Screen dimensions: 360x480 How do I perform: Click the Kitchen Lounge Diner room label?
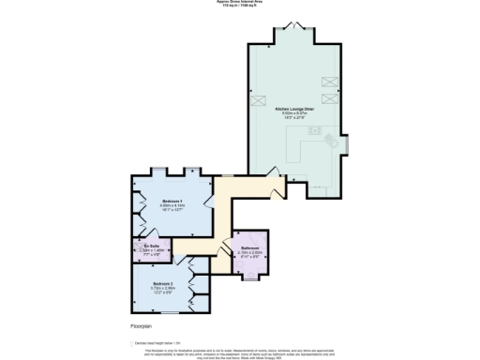point(293,109)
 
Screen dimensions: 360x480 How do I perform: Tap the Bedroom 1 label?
point(172,202)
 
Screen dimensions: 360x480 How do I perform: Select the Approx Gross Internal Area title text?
point(240,3)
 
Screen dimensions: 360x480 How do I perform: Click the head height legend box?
point(132,342)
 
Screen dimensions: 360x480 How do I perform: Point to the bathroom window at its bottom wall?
point(250,278)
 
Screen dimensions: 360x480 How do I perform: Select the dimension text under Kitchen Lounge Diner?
point(293,116)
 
